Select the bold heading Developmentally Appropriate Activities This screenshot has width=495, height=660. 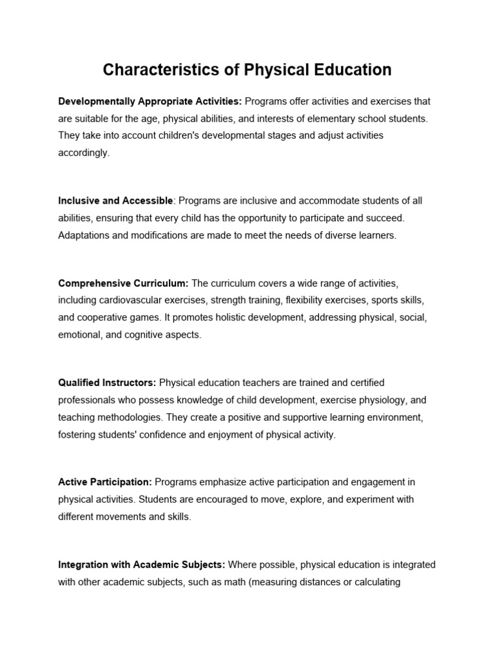[x=150, y=102]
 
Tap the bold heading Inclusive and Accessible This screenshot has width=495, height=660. [x=115, y=201]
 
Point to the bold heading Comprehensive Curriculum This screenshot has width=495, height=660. [x=123, y=284]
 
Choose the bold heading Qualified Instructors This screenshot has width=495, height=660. [x=107, y=383]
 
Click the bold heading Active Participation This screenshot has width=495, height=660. [x=105, y=482]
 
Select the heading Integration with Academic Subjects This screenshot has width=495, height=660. [x=142, y=565]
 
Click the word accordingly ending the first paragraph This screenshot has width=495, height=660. [x=84, y=152]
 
